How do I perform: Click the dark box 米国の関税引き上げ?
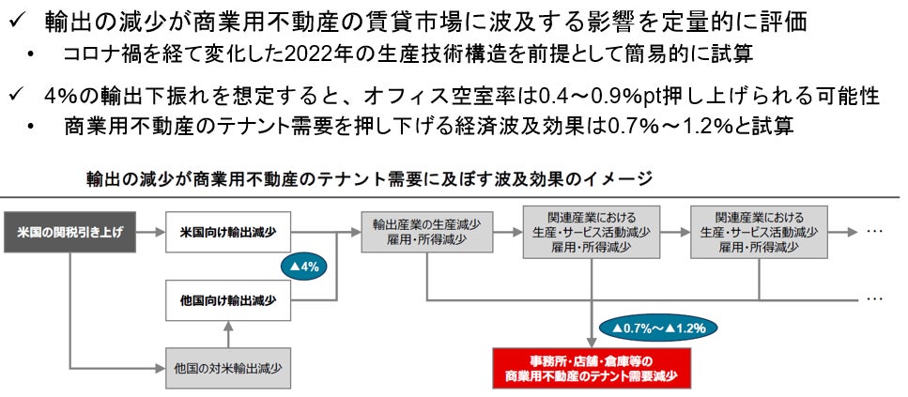pyautogui.click(x=69, y=231)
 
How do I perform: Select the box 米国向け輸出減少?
pyautogui.click(x=229, y=231)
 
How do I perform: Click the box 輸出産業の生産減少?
pyautogui.click(x=426, y=231)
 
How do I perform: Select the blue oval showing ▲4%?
pyautogui.click(x=304, y=266)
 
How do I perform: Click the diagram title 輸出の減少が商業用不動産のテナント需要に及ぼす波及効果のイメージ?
pyautogui.click(x=369, y=177)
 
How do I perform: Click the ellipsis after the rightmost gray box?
pyautogui.click(x=874, y=231)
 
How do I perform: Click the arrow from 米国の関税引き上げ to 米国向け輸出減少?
pyautogui.click(x=151, y=231)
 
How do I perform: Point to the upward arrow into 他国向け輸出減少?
pyautogui.click(x=229, y=328)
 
